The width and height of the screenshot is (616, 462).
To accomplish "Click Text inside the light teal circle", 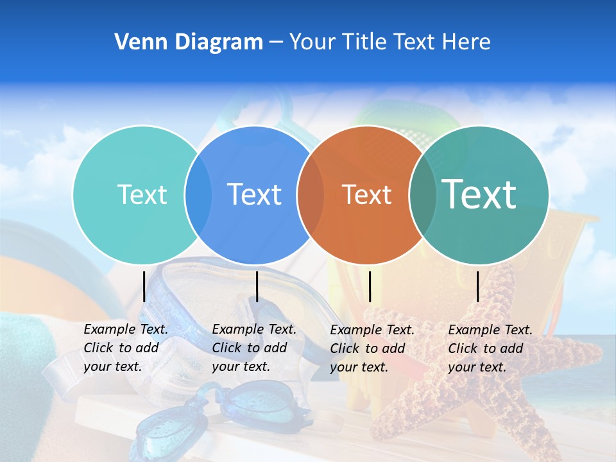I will coord(142,194).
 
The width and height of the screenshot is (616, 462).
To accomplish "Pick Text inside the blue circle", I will coord(255,194).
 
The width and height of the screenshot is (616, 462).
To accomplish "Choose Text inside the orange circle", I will coord(367,194).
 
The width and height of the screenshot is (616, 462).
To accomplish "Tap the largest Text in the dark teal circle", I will coord(479,194).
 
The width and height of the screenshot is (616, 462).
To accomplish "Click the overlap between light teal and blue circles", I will coord(198,194).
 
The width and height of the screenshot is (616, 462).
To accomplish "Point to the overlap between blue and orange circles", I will coord(311,194).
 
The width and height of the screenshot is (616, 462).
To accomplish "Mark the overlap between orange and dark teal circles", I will coord(423,194).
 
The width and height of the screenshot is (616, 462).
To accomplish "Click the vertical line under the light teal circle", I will coord(144,286).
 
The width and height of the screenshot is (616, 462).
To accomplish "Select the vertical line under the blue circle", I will coord(257,286).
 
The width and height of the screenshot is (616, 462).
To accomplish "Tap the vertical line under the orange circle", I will coord(370,286).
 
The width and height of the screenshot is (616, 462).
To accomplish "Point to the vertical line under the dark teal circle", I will coord(478,286).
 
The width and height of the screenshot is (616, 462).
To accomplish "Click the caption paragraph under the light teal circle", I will coord(126,348).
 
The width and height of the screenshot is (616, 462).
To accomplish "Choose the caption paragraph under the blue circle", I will coord(254,348).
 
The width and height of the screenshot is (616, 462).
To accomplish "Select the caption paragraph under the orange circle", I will coord(372,348).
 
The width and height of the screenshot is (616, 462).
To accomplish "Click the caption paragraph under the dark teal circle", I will coord(490,348).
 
